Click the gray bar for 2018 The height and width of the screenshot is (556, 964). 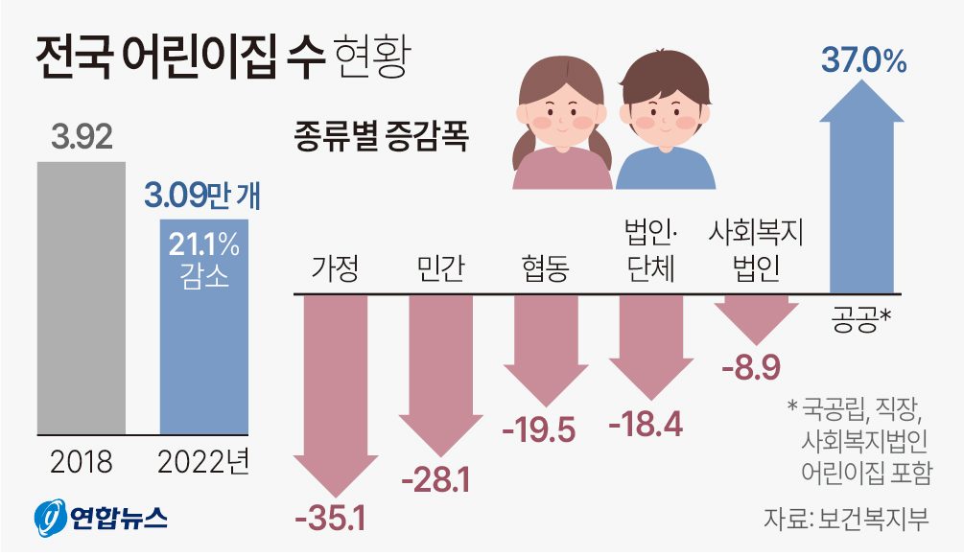point(82,297)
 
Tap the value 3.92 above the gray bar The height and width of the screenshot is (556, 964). point(82,137)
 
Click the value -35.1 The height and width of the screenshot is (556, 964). point(331,520)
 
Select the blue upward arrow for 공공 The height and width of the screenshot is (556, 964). point(862,192)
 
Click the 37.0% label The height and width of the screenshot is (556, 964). point(863,62)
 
